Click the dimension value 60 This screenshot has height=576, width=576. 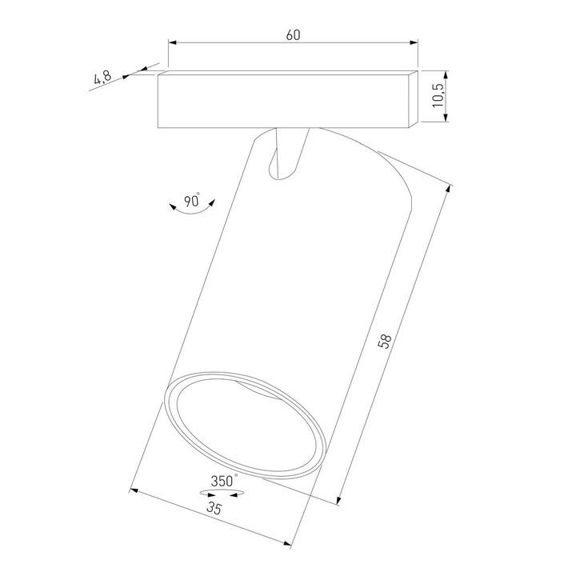[x=293, y=35]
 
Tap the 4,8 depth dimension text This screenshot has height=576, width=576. [x=102, y=78]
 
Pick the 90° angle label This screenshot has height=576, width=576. [x=192, y=202]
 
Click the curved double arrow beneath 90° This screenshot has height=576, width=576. [x=192, y=213]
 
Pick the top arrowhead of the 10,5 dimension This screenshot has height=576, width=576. [x=446, y=73]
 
